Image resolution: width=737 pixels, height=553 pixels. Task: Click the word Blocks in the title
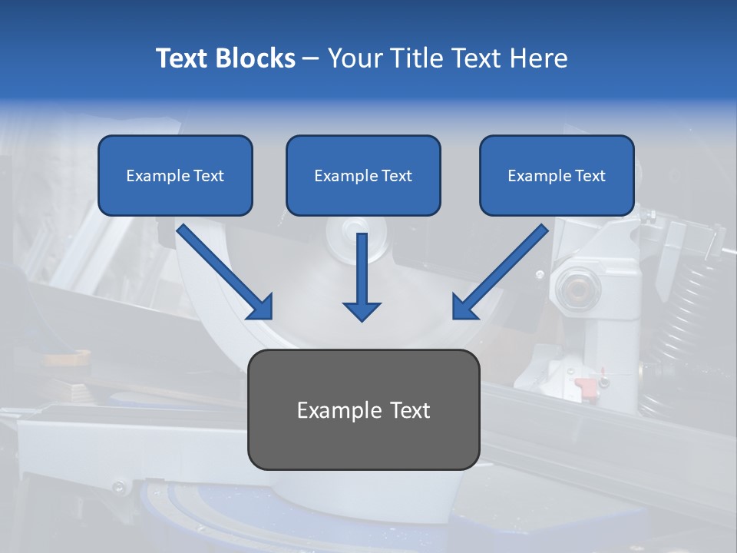[x=257, y=58]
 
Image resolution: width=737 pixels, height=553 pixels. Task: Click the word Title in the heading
[x=409, y=58]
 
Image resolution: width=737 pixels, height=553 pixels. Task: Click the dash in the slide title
[x=311, y=59]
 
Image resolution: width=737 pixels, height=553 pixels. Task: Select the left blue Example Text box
[x=175, y=175]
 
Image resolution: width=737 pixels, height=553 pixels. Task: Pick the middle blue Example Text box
[x=363, y=175]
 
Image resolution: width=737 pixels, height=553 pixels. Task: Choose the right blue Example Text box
[x=557, y=175]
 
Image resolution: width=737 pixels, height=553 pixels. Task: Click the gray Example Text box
[x=363, y=409]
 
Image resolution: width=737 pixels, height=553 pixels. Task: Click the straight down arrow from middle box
[x=362, y=276]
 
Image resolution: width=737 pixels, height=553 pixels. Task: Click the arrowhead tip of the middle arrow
[x=362, y=319]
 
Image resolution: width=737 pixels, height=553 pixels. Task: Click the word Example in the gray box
[x=334, y=410]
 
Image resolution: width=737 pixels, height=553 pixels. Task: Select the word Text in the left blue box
[x=209, y=176]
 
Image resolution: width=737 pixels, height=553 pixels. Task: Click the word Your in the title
[x=352, y=58]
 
